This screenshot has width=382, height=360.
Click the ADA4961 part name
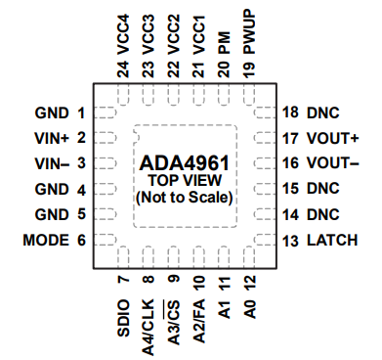pos(186,161)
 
